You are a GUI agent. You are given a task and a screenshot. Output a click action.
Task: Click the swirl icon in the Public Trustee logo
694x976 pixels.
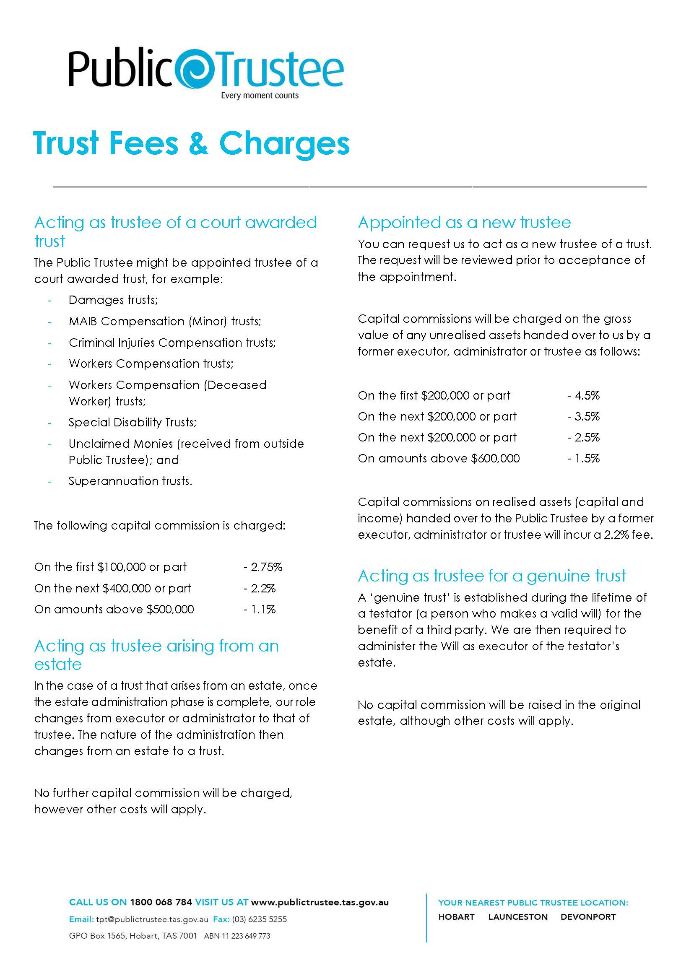(x=197, y=69)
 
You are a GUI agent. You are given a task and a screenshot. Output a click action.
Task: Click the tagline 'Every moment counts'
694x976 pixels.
(x=260, y=95)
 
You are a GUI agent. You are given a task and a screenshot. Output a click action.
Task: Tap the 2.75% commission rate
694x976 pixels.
(x=263, y=567)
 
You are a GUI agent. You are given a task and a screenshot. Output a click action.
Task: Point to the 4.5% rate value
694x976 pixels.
(x=584, y=395)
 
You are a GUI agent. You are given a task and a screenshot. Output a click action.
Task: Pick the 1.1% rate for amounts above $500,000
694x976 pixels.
(x=260, y=609)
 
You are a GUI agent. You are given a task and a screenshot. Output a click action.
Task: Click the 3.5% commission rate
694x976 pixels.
(x=584, y=416)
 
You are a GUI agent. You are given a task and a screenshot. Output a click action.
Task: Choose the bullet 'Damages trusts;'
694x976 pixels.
(x=113, y=300)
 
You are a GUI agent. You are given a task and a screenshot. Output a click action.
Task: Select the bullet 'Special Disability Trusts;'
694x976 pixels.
(x=133, y=422)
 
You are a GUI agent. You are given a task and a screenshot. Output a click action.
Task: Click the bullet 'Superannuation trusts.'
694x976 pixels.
(x=130, y=481)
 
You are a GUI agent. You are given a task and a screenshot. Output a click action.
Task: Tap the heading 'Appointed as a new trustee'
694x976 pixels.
(x=464, y=223)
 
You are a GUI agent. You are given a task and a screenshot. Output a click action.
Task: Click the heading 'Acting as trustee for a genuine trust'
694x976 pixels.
(x=491, y=576)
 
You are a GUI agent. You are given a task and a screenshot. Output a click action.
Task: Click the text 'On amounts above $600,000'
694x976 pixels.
(x=439, y=458)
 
